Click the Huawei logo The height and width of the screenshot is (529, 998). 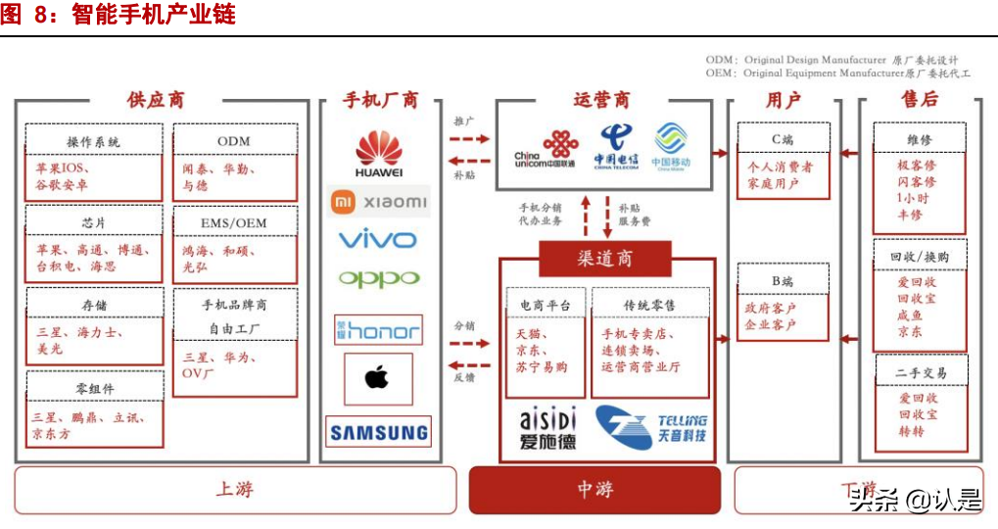378,156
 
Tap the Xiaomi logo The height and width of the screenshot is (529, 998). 379,202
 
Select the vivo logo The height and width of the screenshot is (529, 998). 378,239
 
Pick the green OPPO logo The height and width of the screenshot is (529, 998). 378,278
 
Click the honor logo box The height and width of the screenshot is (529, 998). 378,330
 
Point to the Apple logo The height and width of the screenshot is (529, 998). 377,378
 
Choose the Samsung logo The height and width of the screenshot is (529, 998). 378,432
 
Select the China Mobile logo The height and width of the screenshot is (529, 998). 672,148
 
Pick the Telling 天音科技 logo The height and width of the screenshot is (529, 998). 652,428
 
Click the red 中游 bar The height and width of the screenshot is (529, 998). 594,489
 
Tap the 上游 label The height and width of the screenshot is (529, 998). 235,489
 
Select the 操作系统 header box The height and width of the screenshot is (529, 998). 93,141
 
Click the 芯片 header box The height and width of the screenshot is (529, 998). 93,222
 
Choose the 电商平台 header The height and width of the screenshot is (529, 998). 546,306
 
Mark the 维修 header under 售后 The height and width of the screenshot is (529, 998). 919,140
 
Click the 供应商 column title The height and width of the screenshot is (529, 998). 156,100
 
